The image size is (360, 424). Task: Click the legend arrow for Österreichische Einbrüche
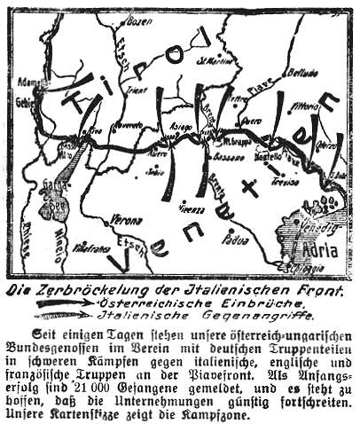(x=66, y=303)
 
